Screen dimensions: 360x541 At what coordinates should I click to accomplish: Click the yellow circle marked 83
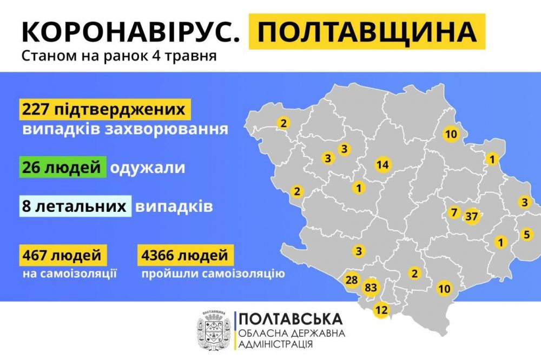(x=371, y=286)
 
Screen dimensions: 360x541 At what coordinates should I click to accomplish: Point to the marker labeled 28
(x=352, y=280)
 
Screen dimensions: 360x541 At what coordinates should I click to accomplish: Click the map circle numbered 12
(x=381, y=310)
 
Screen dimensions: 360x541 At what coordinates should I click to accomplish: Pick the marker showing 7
(x=453, y=212)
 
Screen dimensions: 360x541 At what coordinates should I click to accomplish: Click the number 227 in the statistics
(x=36, y=109)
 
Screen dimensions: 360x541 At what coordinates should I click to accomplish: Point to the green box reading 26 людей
(x=62, y=168)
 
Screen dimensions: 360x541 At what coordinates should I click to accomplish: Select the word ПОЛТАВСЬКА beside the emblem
(x=289, y=318)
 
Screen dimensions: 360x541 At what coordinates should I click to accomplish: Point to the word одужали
(x=147, y=168)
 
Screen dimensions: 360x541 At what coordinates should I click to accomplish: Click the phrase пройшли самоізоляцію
(x=213, y=274)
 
